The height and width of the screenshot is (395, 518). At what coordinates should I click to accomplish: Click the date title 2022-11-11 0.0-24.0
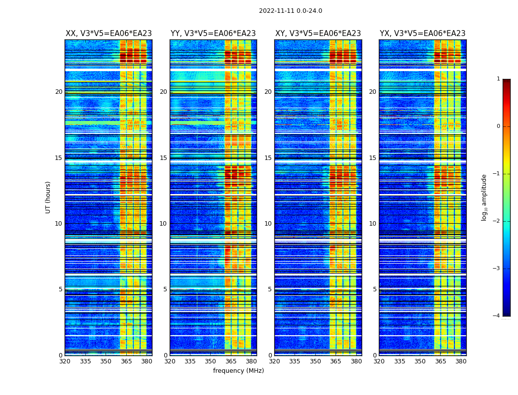(x=290, y=11)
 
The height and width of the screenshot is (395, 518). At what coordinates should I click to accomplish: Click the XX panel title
(x=109, y=34)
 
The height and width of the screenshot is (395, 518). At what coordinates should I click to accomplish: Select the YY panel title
(x=213, y=34)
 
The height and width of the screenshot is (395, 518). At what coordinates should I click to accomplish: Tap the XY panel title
(x=318, y=34)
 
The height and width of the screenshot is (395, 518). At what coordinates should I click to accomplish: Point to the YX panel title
(x=423, y=34)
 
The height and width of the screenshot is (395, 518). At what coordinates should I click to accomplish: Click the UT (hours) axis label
(x=48, y=197)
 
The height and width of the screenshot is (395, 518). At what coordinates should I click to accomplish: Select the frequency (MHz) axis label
(x=238, y=371)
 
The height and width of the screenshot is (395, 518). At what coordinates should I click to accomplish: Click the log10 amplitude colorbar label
(x=484, y=197)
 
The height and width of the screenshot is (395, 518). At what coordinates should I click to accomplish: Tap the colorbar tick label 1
(x=498, y=79)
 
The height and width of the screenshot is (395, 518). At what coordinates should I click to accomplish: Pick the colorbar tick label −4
(x=497, y=316)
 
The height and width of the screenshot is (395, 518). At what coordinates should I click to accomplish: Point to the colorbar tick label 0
(x=498, y=126)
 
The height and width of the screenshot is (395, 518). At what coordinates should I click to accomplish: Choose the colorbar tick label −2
(x=497, y=221)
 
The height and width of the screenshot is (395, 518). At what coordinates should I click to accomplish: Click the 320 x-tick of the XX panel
(x=65, y=361)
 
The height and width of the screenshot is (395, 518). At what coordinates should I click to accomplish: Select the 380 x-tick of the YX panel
(x=461, y=361)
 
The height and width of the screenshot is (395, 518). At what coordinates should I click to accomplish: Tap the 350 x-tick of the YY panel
(x=211, y=361)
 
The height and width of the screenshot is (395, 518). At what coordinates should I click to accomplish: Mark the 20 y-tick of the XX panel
(x=59, y=92)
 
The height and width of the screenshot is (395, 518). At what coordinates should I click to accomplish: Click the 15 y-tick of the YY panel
(x=163, y=158)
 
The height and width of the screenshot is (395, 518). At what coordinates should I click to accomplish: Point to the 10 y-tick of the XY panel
(x=268, y=224)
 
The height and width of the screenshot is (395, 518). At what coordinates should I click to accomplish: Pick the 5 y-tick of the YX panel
(x=374, y=289)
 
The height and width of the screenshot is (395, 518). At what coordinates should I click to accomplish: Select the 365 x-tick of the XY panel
(x=335, y=361)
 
